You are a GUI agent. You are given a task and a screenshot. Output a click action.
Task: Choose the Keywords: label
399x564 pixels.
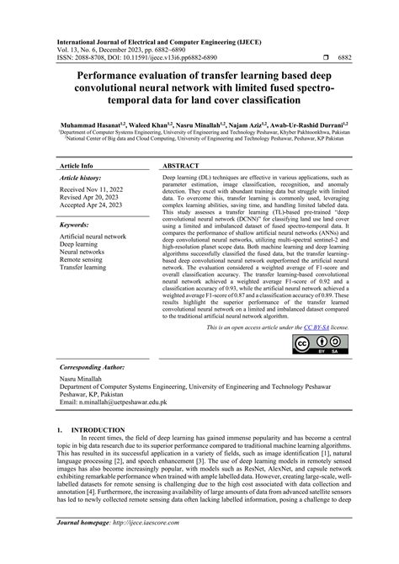[80, 226]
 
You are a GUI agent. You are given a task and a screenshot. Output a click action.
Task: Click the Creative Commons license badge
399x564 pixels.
[316, 345]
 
